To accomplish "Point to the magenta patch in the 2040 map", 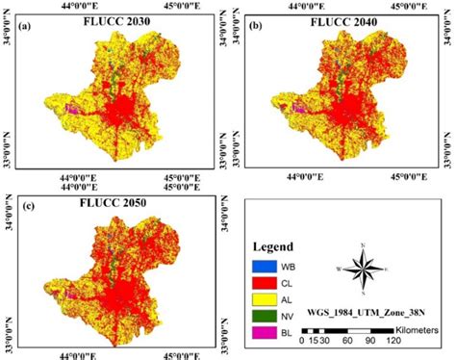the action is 298,110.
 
